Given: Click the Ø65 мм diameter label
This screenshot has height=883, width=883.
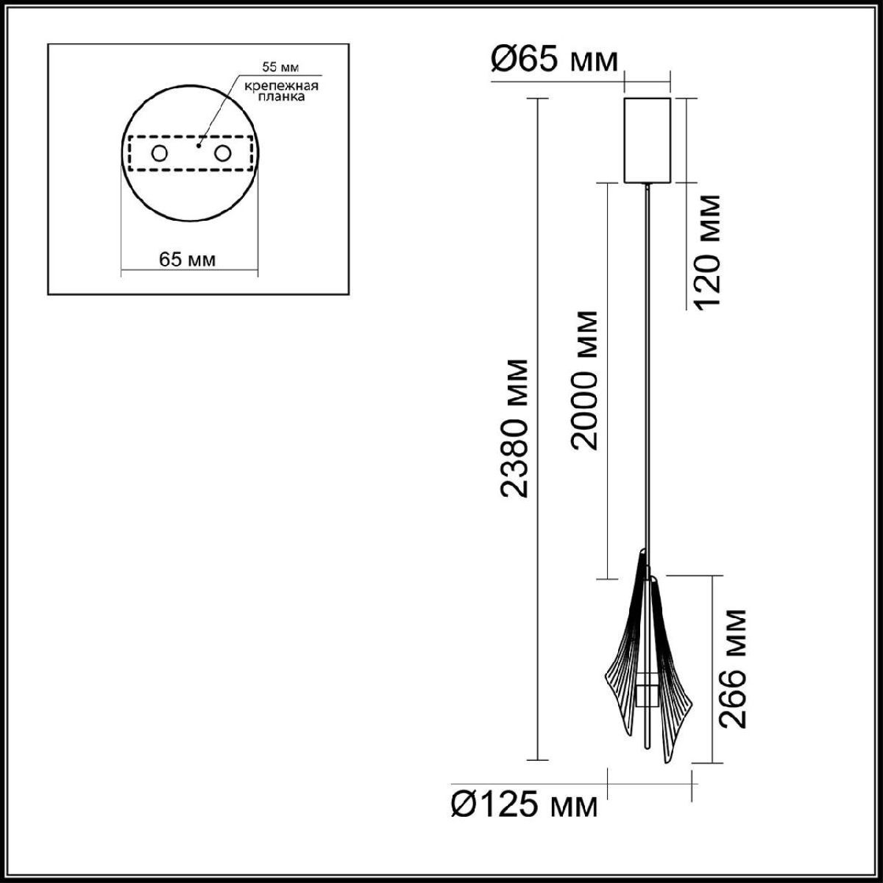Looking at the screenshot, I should coord(555,61).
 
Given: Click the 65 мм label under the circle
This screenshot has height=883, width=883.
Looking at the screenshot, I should coord(188,260).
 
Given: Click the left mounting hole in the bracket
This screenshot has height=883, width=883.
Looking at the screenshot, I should coord(158,154).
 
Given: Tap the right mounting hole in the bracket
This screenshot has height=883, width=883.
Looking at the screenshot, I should coord(221,154).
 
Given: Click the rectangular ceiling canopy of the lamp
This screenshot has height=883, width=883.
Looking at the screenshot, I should coord(647,139).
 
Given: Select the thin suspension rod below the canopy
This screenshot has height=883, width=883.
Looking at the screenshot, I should coord(647,368).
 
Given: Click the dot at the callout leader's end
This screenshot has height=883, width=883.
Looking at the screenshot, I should coord(198,146).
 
